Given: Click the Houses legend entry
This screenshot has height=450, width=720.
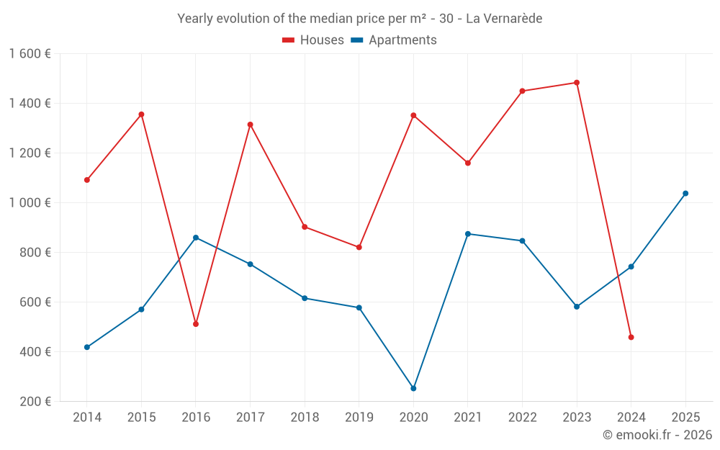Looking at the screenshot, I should coord(313,40).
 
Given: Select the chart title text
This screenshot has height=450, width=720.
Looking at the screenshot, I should coord(359,19).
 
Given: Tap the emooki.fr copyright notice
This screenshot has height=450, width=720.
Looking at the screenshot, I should coord(657,434).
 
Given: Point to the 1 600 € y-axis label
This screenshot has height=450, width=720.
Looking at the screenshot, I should coord(30,54).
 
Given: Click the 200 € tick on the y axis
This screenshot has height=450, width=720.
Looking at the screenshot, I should coord(34,402).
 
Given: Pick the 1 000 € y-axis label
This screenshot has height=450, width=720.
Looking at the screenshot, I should coord(30,203).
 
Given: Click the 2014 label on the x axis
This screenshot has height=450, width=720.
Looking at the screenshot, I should coord(87,418).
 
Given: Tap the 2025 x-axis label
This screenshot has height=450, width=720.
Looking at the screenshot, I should coord(685,418).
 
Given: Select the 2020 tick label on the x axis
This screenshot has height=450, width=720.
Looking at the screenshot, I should coord(413,418).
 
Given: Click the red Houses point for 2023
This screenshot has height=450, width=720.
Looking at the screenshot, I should coord(577,83).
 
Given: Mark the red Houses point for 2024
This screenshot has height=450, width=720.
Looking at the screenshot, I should coord(631,337).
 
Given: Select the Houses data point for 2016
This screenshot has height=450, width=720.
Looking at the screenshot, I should coord(196,324).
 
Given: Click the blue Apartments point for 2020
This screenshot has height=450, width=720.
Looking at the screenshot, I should coord(413,388).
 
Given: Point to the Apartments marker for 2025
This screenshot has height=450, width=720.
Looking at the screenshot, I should coord(685,193).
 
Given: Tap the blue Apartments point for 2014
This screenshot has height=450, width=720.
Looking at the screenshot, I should coord(87,347).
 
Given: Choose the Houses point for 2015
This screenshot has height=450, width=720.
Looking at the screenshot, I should coord(141,114).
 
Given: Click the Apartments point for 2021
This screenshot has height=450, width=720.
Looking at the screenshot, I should coord(468,234).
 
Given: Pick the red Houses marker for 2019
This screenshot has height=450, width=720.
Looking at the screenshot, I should coord(359,247).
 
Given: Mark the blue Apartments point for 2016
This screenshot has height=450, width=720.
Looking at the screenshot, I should coord(196,238).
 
